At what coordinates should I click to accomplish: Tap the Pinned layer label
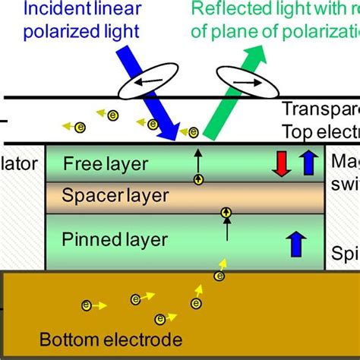114,241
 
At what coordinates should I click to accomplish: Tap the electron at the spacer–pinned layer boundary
226,213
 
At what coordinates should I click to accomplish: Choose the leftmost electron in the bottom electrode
87,305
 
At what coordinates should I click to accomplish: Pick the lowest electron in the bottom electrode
160,319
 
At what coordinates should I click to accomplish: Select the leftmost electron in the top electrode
66,125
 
